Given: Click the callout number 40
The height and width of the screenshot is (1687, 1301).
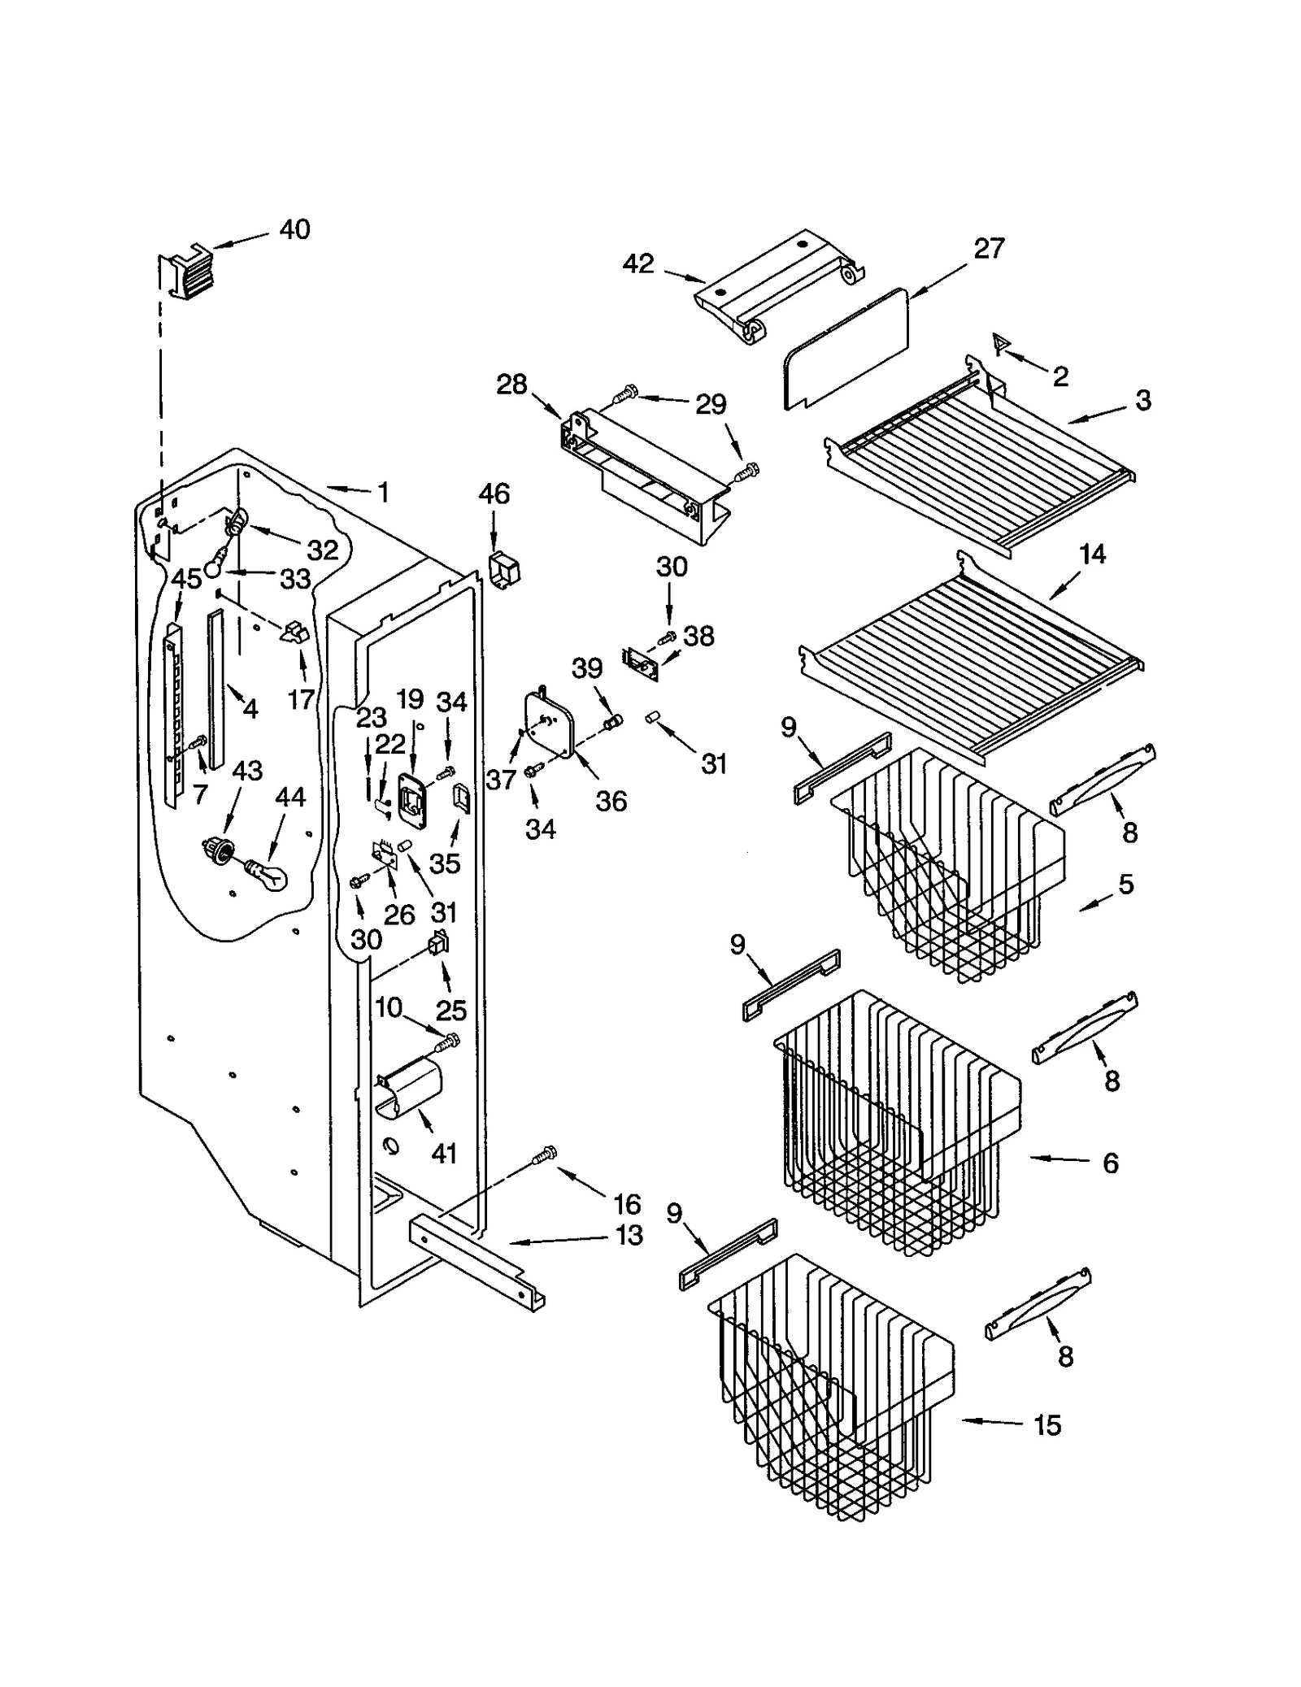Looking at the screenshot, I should click(x=294, y=230).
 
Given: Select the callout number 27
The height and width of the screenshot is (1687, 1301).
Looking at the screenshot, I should click(x=989, y=249).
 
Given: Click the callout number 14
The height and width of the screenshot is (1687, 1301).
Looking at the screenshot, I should click(x=1092, y=554).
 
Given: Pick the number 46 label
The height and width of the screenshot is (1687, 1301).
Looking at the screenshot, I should click(x=494, y=493).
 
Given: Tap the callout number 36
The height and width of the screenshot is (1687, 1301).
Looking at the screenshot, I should click(x=611, y=801).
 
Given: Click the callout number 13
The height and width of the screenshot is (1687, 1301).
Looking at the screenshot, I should click(x=629, y=1235).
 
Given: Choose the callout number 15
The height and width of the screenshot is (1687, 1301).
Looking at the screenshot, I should click(x=1047, y=1425).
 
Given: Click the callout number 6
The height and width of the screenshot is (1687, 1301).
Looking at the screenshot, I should click(x=1111, y=1163).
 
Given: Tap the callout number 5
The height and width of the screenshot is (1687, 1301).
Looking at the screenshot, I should click(x=1125, y=885).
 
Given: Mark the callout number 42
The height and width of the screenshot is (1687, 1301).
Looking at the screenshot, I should click(x=638, y=263).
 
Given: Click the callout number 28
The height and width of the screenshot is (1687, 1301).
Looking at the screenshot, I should click(x=511, y=385).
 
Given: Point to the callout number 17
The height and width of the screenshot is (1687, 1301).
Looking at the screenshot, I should click(x=301, y=699).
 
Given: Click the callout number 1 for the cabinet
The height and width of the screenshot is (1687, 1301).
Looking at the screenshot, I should click(x=383, y=493).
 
